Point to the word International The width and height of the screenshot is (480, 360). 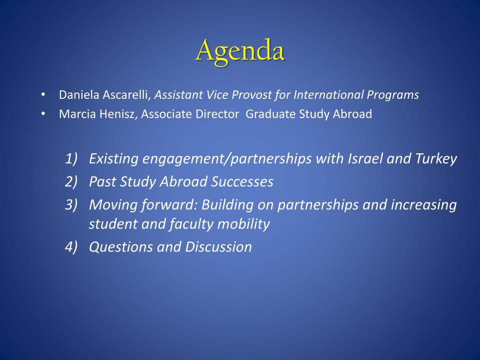point(329,95)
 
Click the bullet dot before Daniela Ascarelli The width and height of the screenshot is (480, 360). point(43,95)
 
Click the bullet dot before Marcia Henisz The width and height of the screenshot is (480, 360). point(43,114)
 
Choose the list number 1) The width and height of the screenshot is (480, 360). point(71,158)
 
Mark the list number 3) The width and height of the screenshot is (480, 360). point(71,204)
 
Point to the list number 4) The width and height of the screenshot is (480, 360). point(71,247)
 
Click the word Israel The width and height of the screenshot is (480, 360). point(365,158)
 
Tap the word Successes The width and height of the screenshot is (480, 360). point(242,181)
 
